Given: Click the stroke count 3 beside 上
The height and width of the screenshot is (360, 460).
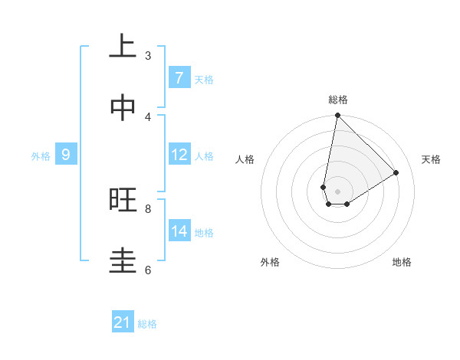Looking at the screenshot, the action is pos(148,55).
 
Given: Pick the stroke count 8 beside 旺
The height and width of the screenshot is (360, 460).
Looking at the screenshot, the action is pos(148,208).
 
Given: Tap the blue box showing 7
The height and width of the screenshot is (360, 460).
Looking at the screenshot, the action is pos(179,78).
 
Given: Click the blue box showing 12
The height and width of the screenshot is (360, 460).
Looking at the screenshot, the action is pos(179,155).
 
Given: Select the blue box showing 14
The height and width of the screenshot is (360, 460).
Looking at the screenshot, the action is pos(179,231).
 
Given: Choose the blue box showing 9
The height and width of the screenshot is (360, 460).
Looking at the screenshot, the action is pos(66,155).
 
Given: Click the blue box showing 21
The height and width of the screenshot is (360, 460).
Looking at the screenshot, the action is pos(123,322).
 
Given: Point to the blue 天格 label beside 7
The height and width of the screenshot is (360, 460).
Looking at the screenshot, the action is pos(204,79).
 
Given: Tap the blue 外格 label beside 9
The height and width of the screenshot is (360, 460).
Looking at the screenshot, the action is pos(41,155).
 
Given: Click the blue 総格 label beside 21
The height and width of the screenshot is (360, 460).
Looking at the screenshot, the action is pos(147,323).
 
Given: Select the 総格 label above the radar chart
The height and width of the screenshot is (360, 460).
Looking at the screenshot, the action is pos(337,100).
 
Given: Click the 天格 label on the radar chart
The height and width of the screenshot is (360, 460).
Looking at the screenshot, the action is pos(431,159).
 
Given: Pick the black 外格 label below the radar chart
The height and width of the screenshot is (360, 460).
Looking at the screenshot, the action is pos(270,262).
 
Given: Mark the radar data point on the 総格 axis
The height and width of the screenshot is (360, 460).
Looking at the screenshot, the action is pos(337,115).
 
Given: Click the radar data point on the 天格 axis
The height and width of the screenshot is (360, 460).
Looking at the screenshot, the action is pos(396,172).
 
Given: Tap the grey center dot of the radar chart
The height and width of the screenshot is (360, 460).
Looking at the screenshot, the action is pos(337,191).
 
